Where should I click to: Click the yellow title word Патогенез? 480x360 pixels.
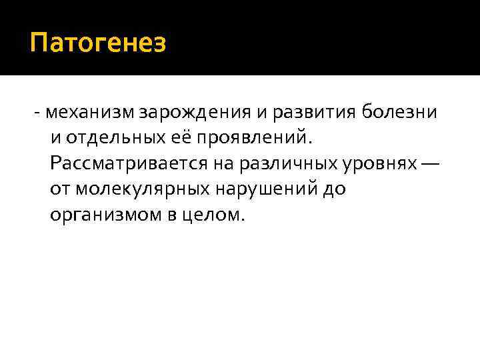[x=98, y=44]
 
